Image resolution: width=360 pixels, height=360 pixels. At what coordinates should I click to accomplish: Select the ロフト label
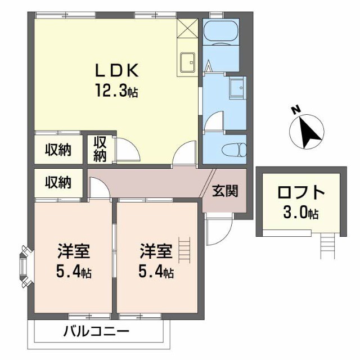[x=301, y=193]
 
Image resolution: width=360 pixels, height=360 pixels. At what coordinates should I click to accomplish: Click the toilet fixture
[x=232, y=150]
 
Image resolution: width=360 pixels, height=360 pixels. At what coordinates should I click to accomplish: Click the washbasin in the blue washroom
[x=236, y=88]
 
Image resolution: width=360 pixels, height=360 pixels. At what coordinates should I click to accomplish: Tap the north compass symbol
[x=306, y=130]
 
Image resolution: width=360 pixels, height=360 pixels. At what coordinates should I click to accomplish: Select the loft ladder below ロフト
[x=328, y=246]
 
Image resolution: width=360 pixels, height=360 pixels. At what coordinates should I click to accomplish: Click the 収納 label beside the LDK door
[x=101, y=148]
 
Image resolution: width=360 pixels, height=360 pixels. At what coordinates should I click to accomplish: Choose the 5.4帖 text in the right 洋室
[x=156, y=273]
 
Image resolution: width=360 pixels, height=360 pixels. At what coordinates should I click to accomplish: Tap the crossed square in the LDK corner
[x=187, y=28]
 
